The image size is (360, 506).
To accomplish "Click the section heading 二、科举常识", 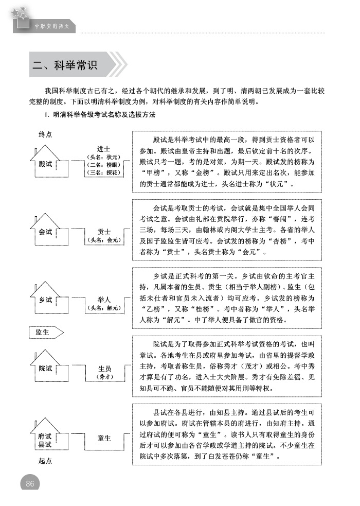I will (x=65, y=65).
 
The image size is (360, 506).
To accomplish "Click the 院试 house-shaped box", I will (x=46, y=368).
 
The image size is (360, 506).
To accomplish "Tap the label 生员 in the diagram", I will (x=104, y=369).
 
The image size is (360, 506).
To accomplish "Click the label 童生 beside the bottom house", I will (x=104, y=438).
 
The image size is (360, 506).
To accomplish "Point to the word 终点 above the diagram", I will (x=45, y=135).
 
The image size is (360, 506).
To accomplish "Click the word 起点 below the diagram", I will (x=45, y=461).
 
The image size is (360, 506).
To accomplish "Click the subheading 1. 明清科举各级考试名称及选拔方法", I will (x=100, y=115).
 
